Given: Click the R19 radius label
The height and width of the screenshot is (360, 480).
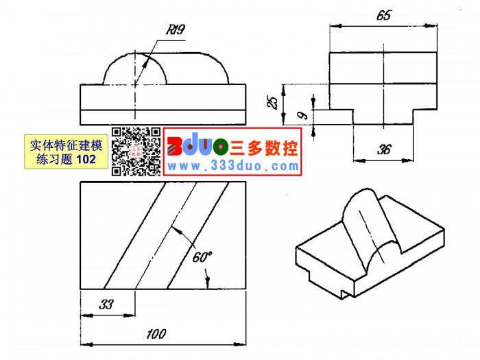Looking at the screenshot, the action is click(x=176, y=29).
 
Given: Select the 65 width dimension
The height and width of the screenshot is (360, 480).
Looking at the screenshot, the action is click(x=384, y=15).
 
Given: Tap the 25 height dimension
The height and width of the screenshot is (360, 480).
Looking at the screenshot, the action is click(x=272, y=102).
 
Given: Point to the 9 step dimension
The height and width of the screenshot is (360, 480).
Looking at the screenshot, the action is click(x=302, y=115).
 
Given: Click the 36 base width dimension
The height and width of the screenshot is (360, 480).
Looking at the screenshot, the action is click(x=384, y=149).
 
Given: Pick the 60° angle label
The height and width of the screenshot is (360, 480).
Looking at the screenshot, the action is click(x=202, y=257).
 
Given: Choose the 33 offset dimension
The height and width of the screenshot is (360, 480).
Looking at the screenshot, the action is click(x=106, y=304).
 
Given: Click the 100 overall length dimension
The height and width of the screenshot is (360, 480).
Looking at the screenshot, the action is click(x=156, y=334).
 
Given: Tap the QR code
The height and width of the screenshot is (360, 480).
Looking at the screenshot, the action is click(x=136, y=152).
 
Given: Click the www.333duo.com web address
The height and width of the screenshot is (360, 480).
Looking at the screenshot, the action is click(x=233, y=166).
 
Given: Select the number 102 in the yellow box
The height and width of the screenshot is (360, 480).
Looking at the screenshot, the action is click(x=86, y=159).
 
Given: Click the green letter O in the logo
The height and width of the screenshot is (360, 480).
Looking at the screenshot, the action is click(x=221, y=147).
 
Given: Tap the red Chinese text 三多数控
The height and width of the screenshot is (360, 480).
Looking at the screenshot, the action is click(x=264, y=148).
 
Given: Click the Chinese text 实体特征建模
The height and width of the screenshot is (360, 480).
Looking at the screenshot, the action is click(x=66, y=145).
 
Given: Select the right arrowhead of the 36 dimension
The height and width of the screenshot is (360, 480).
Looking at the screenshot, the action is click(x=407, y=160).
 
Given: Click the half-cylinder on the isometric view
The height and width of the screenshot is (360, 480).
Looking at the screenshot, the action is click(x=371, y=226).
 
